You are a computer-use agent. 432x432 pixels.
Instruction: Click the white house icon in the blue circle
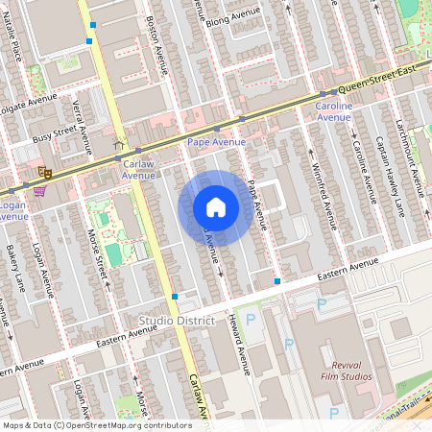click(216, 207)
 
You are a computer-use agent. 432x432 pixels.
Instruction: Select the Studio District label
click(178, 319)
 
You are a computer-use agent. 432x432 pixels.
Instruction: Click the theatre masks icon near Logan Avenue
click(44, 172)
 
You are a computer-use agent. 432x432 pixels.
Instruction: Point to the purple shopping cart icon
click(38, 190)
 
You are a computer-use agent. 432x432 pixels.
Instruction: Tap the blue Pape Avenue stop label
click(216, 142)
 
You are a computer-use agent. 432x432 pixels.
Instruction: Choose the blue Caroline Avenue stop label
click(334, 110)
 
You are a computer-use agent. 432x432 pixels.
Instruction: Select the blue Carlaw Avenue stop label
click(138, 169)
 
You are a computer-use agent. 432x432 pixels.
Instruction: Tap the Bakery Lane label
click(12, 268)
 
